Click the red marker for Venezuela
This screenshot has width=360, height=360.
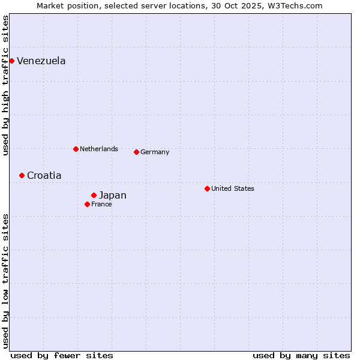tap(11, 61)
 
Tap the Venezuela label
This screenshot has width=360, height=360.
tap(41, 61)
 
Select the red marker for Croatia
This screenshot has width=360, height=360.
tap(22, 175)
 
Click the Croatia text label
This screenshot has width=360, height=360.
tap(44, 176)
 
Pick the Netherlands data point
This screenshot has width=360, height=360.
tap(76, 149)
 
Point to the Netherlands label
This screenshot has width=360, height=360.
tap(99, 149)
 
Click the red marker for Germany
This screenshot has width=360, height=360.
tap(136, 152)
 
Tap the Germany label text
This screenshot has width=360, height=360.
tap(155, 152)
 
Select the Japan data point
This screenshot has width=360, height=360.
tap(94, 195)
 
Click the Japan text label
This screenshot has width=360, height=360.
tap(113, 196)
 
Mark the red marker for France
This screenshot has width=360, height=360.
tap(87, 204)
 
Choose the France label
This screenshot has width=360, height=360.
tap(101, 205)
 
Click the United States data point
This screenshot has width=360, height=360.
tap(207, 188)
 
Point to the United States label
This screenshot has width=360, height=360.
tap(233, 188)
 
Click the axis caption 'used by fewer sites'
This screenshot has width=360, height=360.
tap(62, 355)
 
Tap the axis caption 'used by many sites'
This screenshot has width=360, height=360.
tap(301, 355)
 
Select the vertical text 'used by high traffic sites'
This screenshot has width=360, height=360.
tap(6, 85)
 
